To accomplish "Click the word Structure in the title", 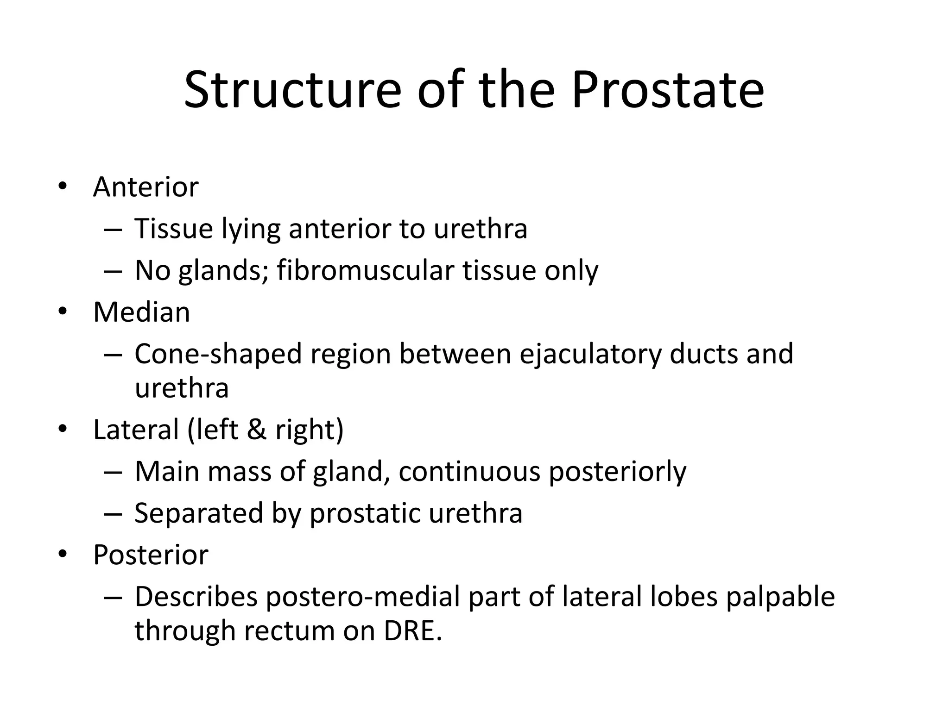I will click(292, 90).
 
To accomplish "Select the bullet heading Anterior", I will click(146, 187).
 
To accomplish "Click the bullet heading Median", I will click(141, 312).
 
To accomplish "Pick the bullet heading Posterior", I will click(151, 555).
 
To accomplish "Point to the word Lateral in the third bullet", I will click(136, 430).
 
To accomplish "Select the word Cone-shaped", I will click(218, 354).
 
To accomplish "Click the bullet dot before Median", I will click(63, 312).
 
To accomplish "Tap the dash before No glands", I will click(113, 271).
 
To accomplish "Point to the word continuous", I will click(469, 472).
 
